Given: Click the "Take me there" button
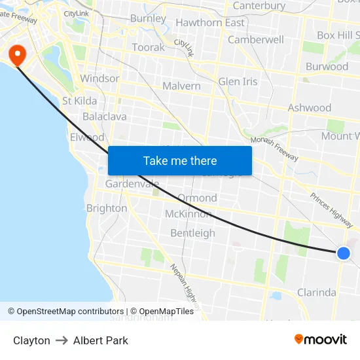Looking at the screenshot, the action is [179, 160].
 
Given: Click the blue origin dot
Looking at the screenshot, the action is [344, 253].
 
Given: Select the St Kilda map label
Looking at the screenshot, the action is [79, 101].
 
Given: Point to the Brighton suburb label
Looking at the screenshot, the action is [107, 208].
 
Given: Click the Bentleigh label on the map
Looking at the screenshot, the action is [192, 233].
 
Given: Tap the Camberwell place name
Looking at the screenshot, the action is [255, 39].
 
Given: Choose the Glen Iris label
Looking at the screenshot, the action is [238, 82].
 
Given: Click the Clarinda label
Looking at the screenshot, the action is [316, 293].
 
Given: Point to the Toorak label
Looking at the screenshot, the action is [148, 48].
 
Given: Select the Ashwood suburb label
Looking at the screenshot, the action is [310, 108].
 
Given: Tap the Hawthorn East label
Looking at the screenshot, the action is [210, 22].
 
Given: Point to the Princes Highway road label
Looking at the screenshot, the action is [331, 206].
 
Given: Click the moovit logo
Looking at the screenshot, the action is [320, 339].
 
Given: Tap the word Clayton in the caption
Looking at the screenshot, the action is [31, 340].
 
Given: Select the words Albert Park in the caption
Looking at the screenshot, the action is [100, 340].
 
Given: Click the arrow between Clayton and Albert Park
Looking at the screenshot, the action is [62, 340].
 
